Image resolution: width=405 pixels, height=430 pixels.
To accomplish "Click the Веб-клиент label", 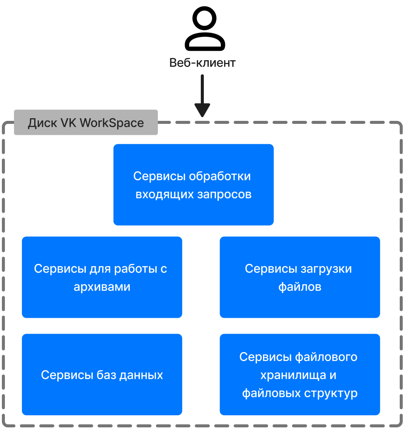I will point(202,63).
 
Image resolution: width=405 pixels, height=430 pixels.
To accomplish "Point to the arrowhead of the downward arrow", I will point(202,110).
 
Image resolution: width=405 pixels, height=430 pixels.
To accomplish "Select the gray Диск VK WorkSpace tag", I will point(86,122).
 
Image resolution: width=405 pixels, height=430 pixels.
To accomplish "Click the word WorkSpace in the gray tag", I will point(112,123).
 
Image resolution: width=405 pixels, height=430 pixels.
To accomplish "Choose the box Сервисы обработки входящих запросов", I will point(193,185).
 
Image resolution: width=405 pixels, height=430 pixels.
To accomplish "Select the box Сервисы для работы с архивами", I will point(102,277).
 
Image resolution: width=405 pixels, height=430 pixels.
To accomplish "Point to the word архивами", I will point(102,287).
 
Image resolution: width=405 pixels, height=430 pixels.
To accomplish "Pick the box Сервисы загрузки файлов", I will point(300,277).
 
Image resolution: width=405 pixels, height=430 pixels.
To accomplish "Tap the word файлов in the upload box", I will point(300,287).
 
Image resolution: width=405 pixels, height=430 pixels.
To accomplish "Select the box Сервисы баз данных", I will point(102,375).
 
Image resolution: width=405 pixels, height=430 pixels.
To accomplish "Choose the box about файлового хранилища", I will point(300,375).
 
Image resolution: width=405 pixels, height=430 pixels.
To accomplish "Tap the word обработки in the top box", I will point(220,176).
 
